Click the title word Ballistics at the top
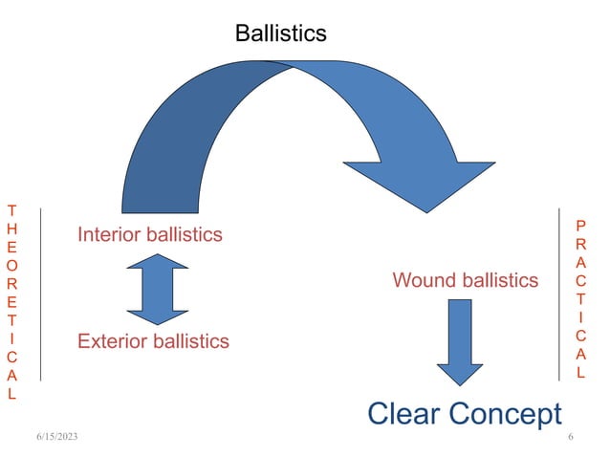[280, 33]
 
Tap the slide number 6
[570, 437]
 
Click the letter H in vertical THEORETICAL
[11, 230]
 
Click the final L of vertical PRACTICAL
[580, 372]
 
